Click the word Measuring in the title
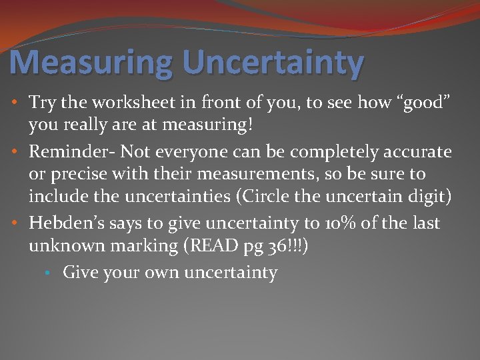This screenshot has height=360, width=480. tap(91, 63)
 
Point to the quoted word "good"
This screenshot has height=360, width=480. tap(419, 103)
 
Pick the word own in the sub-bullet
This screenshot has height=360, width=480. tap(159, 273)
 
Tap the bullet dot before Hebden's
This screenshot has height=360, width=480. tap(15, 223)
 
